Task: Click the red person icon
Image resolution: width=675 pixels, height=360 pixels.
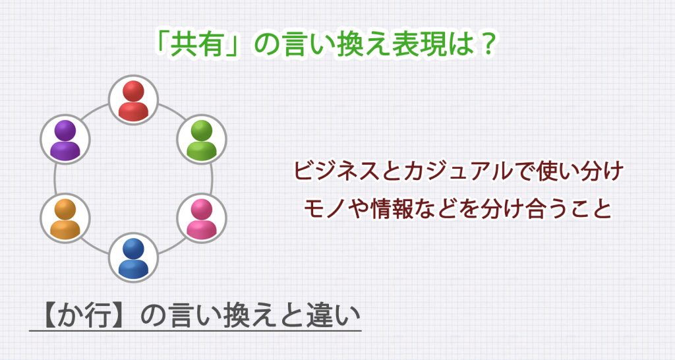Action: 134,100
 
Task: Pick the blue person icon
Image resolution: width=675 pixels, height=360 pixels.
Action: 134,258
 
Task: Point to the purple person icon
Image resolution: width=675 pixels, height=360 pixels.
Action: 65,140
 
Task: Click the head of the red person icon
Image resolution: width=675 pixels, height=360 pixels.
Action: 134,90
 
